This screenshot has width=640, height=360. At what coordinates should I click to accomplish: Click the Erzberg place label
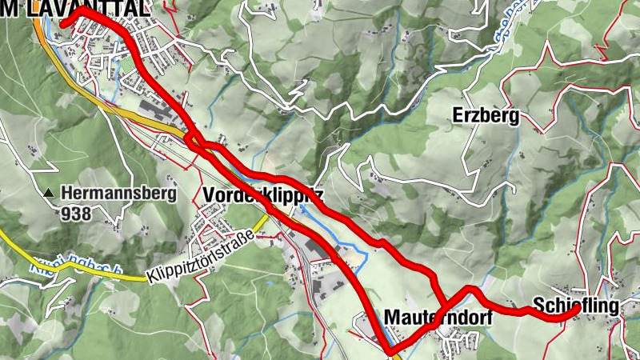486,115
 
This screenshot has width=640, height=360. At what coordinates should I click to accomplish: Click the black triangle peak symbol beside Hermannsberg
50,193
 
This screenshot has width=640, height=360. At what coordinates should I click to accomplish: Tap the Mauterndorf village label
437,317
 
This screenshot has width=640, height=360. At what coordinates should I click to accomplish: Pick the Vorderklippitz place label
263,194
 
